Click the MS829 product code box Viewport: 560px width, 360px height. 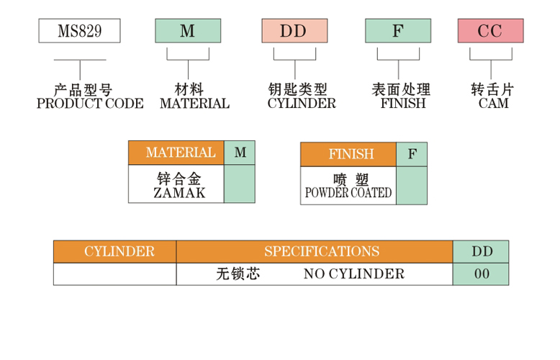[79, 31]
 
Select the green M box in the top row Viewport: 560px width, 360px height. [188, 31]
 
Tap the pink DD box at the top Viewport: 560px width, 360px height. [294, 31]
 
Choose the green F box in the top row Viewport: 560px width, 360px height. [398, 31]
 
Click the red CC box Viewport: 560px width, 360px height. [490, 31]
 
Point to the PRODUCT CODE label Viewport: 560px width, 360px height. [89, 104]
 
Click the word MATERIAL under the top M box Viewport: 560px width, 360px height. [194, 104]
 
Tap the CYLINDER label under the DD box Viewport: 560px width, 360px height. [302, 104]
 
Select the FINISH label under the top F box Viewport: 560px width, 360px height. [403, 104]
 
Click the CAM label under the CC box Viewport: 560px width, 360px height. [493, 104]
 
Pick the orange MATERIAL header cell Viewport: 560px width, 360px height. [176, 153]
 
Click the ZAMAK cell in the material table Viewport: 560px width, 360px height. [176, 185]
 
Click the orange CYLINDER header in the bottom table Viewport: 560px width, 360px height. [115, 251]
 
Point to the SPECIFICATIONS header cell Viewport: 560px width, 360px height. [315, 251]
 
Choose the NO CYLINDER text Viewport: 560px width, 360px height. [353, 274]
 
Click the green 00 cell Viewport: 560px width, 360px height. [481, 274]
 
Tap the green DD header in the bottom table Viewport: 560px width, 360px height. [481, 251]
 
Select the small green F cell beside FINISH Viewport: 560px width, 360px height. [412, 154]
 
